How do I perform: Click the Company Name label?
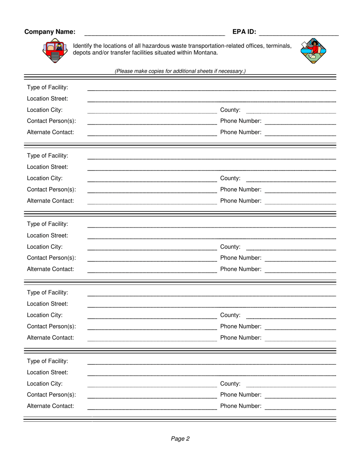click(x=50, y=32)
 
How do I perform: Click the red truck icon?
click(x=55, y=51)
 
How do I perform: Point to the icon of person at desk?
click(x=313, y=50)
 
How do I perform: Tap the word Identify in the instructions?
click(x=84, y=46)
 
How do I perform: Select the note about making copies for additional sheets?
click(x=180, y=71)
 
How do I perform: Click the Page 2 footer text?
click(x=180, y=439)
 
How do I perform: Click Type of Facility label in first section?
click(x=48, y=88)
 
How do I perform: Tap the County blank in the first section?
click(x=291, y=112)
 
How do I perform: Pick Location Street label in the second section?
click(x=48, y=167)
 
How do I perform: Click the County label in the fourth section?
click(x=230, y=315)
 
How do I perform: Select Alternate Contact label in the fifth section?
click(x=50, y=406)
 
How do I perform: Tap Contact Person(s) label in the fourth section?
click(x=52, y=327)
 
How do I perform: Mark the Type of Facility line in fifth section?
click(x=211, y=363)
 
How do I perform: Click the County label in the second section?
click(x=230, y=178)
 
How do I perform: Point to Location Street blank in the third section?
click(x=211, y=238)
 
